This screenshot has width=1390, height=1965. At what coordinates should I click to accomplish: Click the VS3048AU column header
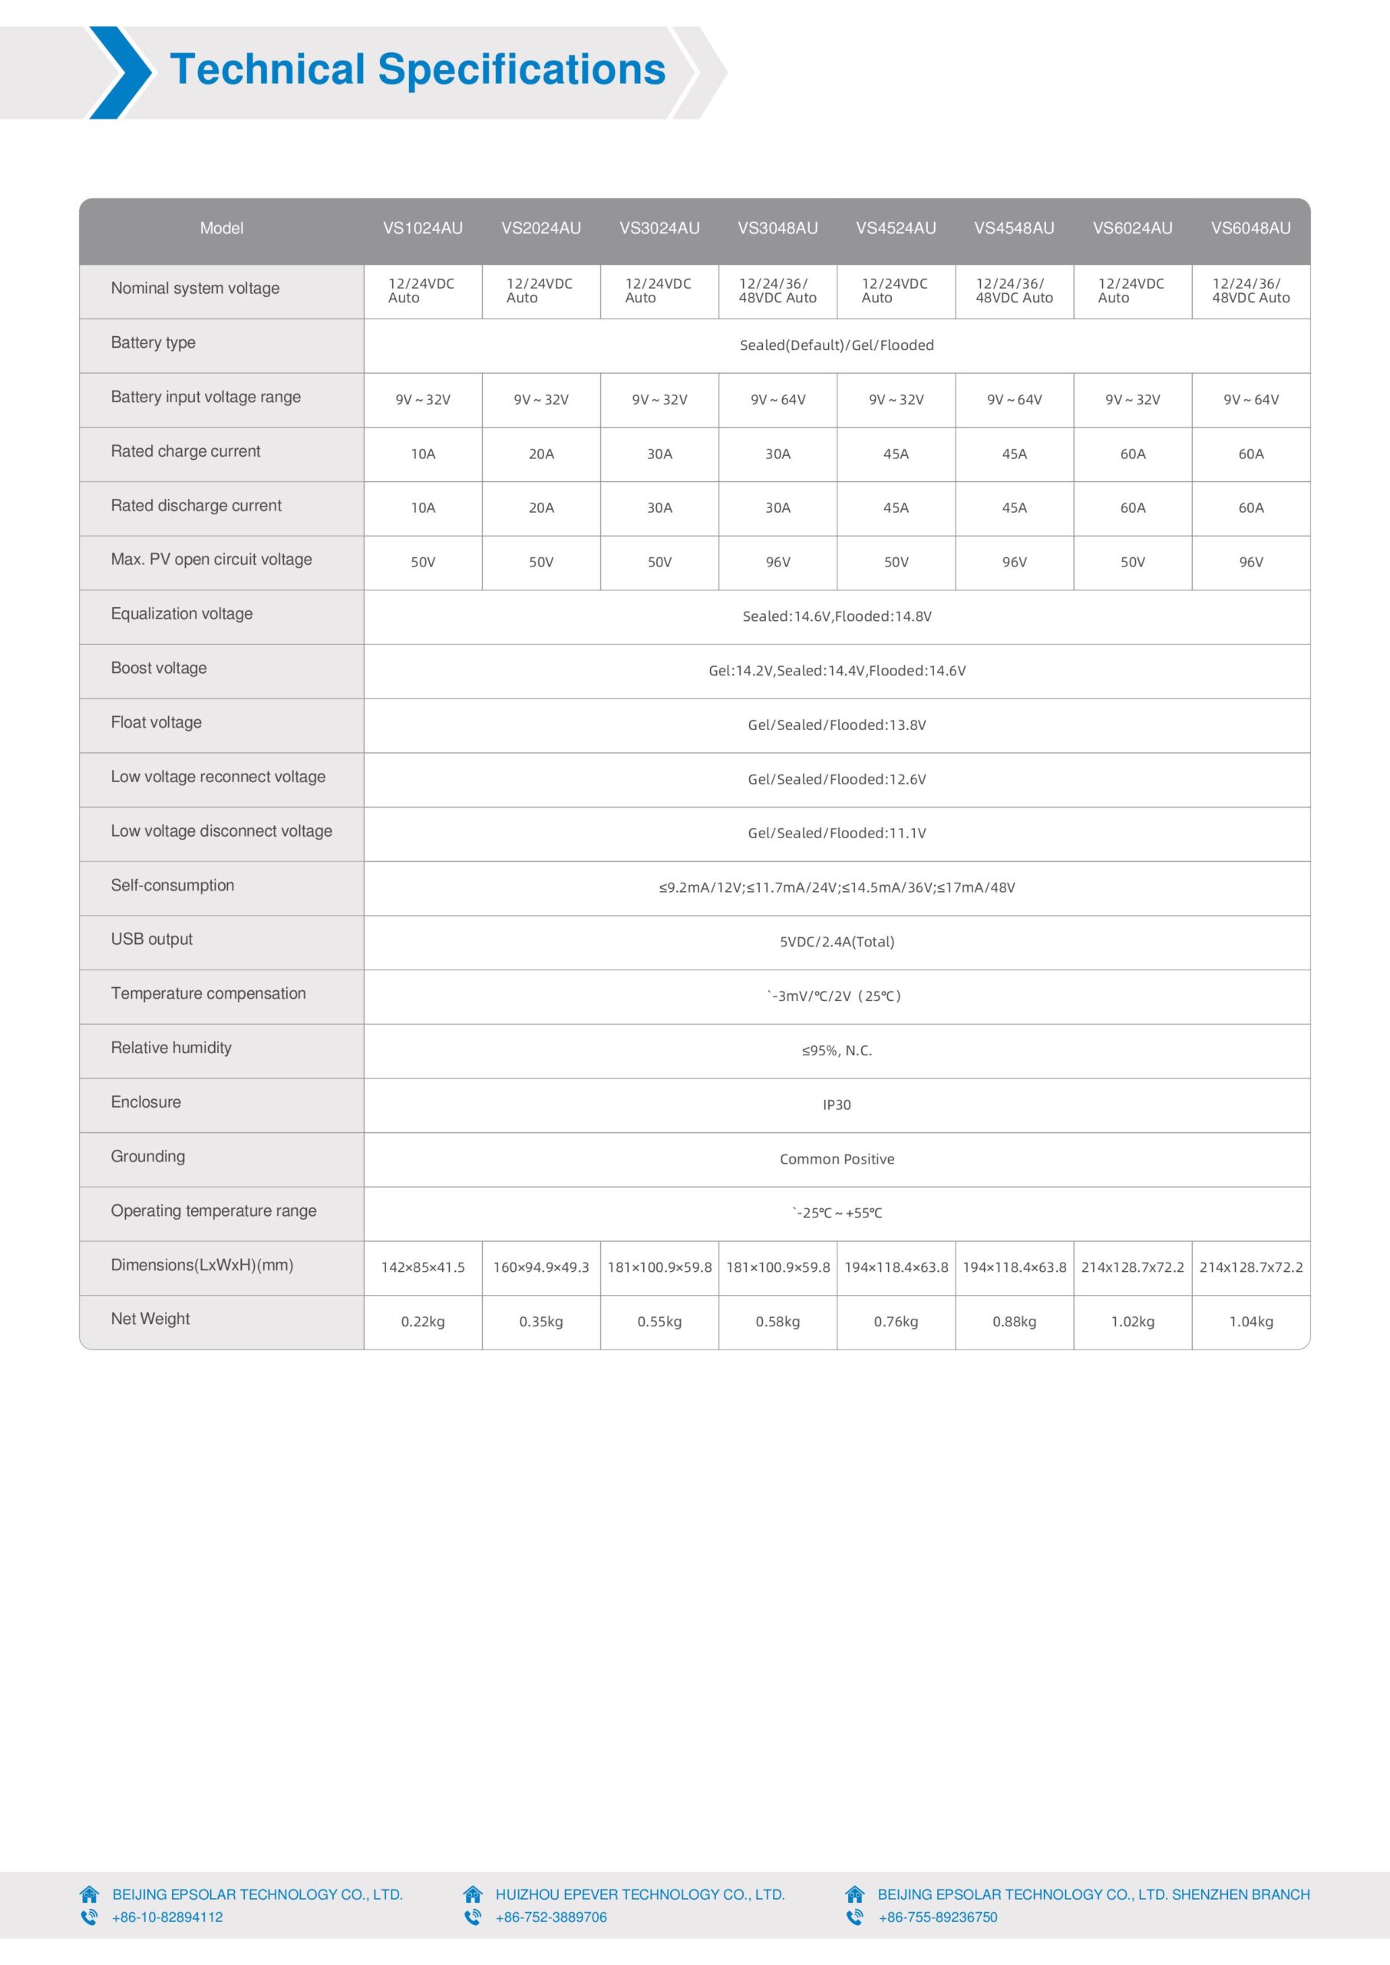[x=778, y=228]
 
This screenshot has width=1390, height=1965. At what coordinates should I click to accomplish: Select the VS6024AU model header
[x=1132, y=228]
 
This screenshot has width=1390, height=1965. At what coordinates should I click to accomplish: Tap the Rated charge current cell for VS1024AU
[x=423, y=454]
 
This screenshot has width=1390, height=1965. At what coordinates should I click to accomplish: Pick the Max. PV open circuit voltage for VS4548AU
[x=1014, y=563]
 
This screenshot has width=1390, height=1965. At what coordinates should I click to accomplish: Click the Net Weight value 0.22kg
[x=423, y=1322]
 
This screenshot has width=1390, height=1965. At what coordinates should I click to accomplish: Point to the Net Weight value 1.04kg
[x=1250, y=1322]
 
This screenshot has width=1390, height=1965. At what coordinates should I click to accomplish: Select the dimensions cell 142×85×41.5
[x=423, y=1267]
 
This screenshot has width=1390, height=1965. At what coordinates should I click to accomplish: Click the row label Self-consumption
[x=172, y=885]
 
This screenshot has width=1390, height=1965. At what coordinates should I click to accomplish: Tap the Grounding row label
[x=147, y=1156]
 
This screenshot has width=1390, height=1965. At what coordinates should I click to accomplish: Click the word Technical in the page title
[x=267, y=69]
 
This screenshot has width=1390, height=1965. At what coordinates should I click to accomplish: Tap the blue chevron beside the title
[x=120, y=73]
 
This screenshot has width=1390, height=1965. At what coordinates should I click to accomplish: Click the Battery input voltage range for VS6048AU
[x=1250, y=400]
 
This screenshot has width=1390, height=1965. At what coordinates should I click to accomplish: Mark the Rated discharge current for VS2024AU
[x=541, y=507]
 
